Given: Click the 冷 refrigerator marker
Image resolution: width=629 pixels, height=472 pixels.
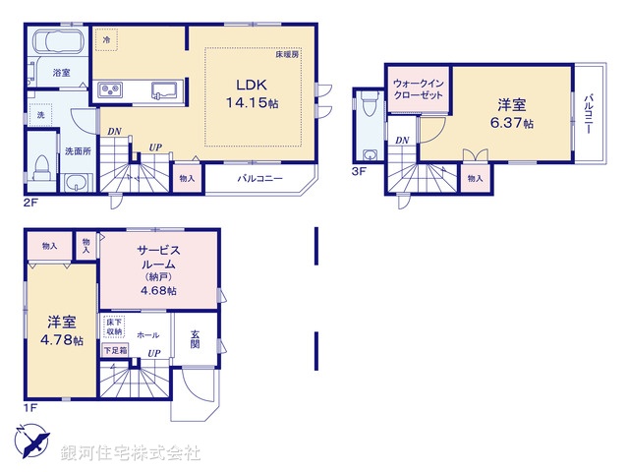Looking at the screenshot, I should (x=106, y=40).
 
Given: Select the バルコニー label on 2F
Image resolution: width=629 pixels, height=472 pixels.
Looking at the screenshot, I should (x=259, y=179).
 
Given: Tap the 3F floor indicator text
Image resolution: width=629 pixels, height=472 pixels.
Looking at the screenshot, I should (x=359, y=171).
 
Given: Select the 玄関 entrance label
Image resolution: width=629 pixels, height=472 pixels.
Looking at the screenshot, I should (x=195, y=338).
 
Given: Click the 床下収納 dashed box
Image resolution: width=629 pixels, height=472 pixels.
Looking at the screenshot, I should (x=114, y=326).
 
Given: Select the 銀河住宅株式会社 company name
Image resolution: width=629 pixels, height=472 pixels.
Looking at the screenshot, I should (x=131, y=453).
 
